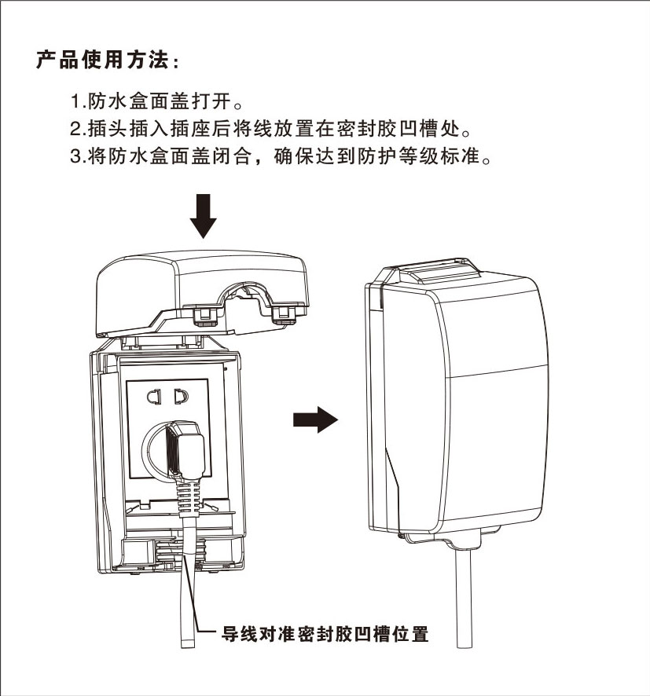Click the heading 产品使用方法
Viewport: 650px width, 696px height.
[108, 60]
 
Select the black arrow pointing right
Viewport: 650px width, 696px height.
[314, 419]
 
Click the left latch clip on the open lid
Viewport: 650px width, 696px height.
[204, 314]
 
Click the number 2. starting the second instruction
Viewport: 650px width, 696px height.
[76, 127]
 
